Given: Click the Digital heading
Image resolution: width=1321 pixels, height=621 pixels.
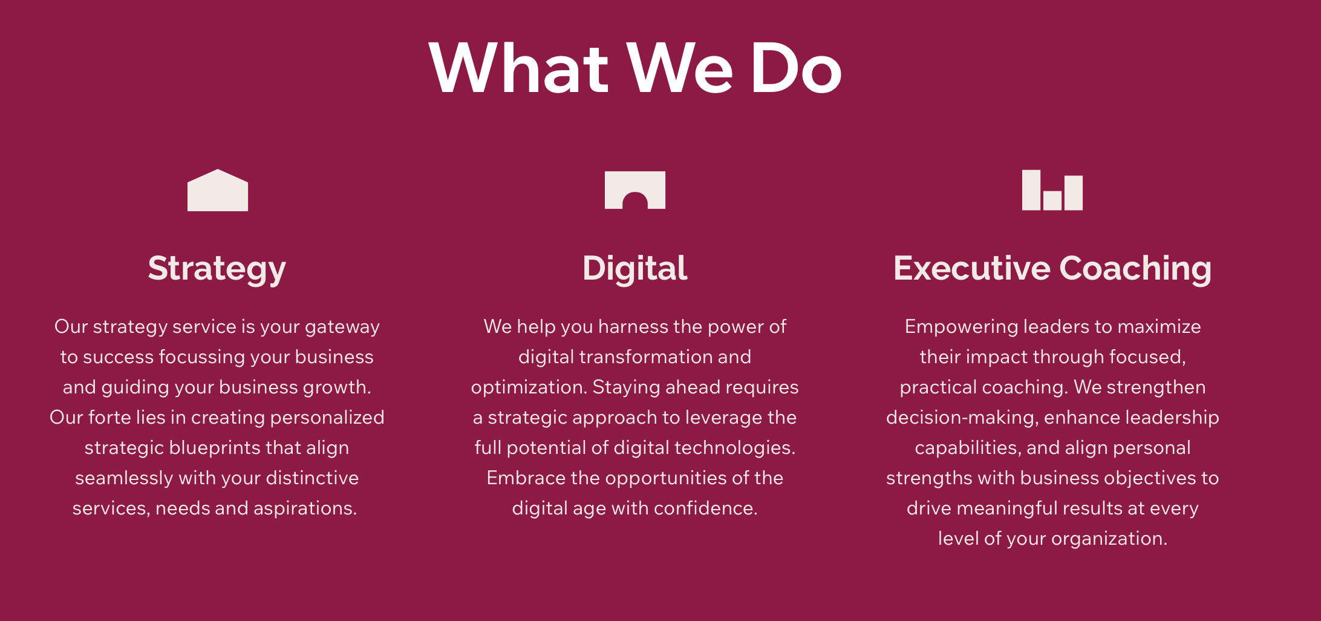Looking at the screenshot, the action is click(x=635, y=269).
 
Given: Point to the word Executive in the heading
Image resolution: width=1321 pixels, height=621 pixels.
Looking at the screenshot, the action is click(x=972, y=268).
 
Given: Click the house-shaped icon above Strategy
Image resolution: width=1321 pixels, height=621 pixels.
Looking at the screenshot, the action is click(x=218, y=190).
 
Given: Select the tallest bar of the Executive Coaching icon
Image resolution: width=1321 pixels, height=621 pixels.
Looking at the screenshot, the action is click(x=1031, y=190).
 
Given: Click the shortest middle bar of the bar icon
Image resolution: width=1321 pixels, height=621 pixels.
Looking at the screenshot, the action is click(x=1052, y=200).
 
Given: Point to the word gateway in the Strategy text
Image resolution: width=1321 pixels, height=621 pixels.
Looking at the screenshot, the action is click(x=342, y=327).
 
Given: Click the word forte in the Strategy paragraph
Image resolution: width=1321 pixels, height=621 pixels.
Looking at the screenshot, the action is click(x=109, y=417).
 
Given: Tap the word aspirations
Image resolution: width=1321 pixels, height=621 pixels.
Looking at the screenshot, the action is click(x=305, y=509).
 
